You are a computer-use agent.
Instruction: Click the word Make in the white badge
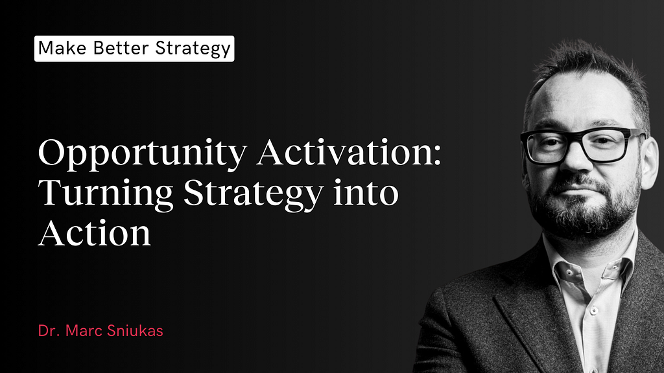point(63,48)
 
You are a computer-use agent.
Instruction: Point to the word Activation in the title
point(345,152)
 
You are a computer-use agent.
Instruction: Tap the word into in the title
point(366,192)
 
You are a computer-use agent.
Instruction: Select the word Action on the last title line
point(95,232)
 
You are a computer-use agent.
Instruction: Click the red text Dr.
point(48,331)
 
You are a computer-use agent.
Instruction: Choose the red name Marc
point(84,331)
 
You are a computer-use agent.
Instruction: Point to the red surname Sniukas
point(135,331)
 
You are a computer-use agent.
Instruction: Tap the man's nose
point(575,159)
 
